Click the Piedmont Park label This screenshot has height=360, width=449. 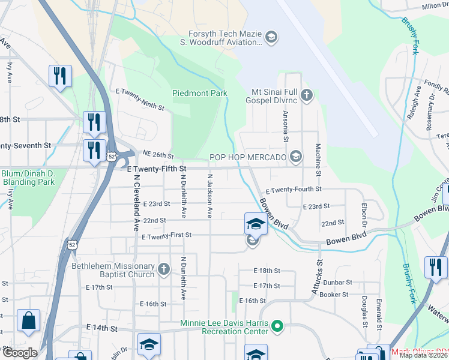click(x=200, y=93)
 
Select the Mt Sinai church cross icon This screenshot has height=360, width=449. click(x=307, y=95)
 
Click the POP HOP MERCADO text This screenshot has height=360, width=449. click(x=248, y=157)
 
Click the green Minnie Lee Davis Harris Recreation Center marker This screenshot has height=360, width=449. click(x=277, y=327)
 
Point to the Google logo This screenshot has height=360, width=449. click(x=19, y=352)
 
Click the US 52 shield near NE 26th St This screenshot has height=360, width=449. click(x=112, y=156)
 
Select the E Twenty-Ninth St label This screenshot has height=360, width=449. click(x=140, y=99)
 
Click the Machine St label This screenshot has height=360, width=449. click(x=318, y=159)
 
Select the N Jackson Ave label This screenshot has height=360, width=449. click(x=210, y=196)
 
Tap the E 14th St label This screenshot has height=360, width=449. click(x=101, y=328)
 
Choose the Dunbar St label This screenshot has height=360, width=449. click(x=336, y=282)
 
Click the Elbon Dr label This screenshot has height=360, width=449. click(x=364, y=217)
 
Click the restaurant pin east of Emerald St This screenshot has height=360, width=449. click(x=435, y=267)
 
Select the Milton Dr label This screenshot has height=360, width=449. click(x=435, y=5)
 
